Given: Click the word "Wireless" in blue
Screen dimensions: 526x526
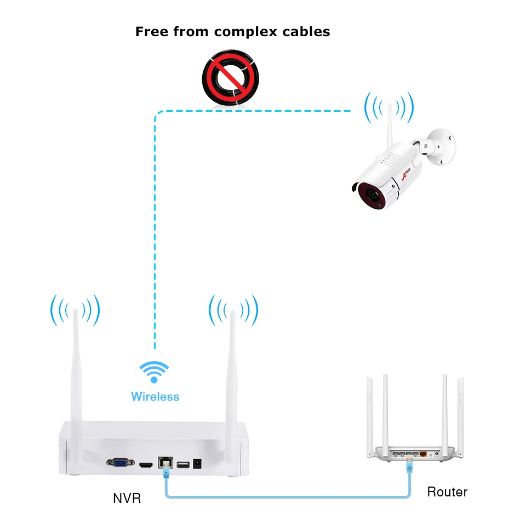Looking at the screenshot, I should (155, 396).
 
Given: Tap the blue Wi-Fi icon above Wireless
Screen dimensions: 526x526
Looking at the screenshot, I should (154, 371).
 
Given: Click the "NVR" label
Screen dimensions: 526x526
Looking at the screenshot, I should (127, 498).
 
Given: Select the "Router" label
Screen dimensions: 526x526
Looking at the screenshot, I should (447, 491).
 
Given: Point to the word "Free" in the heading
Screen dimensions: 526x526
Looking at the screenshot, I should (152, 31).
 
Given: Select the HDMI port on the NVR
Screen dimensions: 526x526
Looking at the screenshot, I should (146, 465).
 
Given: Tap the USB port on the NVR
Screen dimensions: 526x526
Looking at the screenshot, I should (182, 465).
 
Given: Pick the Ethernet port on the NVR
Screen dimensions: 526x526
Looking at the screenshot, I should (164, 464).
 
